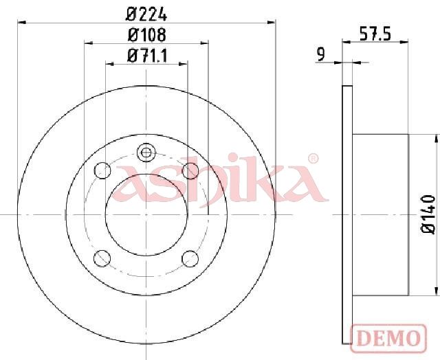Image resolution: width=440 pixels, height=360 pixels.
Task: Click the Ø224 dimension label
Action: [146, 14]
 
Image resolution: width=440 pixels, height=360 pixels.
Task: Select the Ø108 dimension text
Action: [146, 35]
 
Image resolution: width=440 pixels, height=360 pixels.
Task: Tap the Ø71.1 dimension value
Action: [147, 56]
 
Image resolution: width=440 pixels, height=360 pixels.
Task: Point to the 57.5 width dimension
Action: [375, 34]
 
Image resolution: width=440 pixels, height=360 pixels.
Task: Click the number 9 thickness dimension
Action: [320, 55]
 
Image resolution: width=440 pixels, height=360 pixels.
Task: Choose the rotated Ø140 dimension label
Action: [428, 214]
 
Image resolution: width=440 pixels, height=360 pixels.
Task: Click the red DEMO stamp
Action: [388, 338]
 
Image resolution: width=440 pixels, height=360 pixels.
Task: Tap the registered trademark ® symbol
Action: [313, 159]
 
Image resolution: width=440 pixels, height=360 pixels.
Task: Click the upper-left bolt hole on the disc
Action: [102, 170]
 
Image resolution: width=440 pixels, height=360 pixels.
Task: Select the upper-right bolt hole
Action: [190, 170]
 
